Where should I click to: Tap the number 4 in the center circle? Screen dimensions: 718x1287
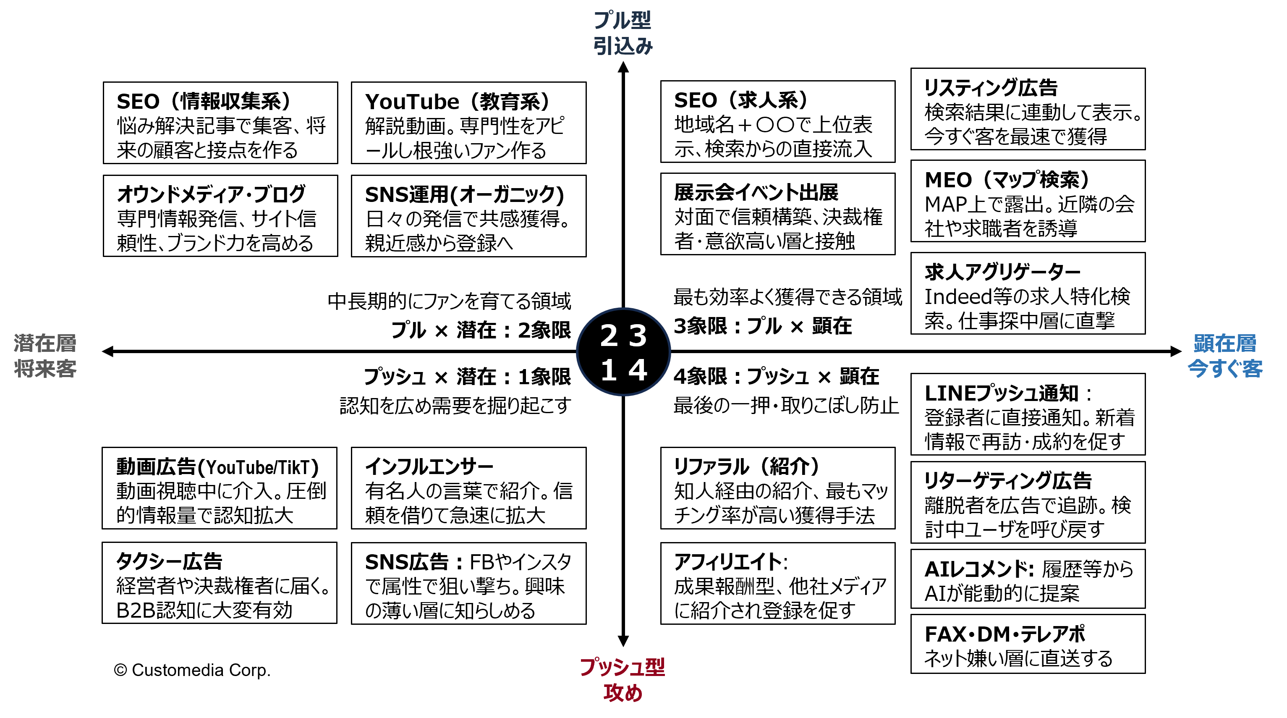638,370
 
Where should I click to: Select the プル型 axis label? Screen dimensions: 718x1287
623,21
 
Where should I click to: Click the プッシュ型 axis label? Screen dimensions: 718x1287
623,667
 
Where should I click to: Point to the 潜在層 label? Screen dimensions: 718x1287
45,343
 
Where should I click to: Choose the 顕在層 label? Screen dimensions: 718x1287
1224,343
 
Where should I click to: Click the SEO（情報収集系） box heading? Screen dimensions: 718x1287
204,102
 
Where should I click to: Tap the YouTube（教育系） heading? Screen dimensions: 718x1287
457,102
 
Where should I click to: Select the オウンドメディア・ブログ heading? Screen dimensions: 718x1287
211,194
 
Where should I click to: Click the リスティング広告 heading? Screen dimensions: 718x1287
991,88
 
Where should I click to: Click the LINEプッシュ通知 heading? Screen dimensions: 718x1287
1001,393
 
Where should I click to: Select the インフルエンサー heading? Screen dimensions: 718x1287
429,466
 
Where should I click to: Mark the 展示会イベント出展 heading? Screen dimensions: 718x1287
756,192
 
